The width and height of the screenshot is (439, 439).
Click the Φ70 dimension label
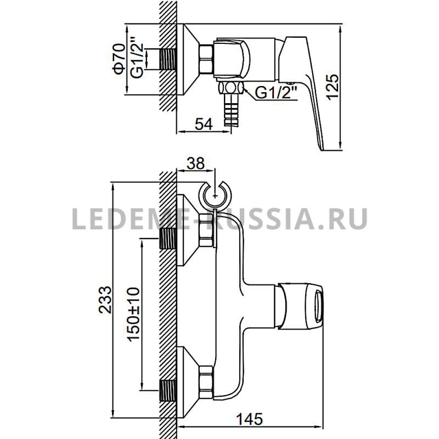[120, 59]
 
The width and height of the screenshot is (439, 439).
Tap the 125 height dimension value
[333, 87]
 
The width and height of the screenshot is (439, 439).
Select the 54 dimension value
[204, 125]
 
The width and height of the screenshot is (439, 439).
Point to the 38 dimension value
[196, 164]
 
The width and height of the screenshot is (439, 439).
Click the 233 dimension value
[105, 300]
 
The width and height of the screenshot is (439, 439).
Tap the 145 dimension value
[250, 419]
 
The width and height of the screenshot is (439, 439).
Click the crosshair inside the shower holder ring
[215, 196]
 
